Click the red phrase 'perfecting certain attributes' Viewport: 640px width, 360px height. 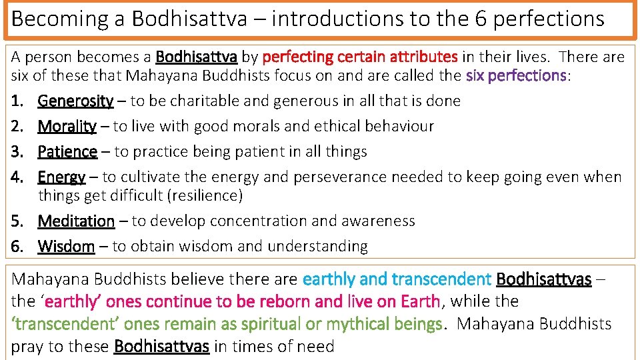pyautogui.click(x=360, y=57)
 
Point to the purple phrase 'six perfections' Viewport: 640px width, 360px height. pyautogui.click(x=516, y=75)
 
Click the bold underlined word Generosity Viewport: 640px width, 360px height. pyautogui.click(x=75, y=101)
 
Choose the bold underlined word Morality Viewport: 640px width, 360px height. pyautogui.click(x=67, y=127)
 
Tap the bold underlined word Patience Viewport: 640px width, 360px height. pyautogui.click(x=67, y=152)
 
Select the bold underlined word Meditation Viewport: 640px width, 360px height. pyautogui.click(x=76, y=221)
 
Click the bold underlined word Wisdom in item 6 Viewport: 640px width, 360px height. pyautogui.click(x=66, y=247)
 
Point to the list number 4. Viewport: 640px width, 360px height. pyautogui.click(x=17, y=177)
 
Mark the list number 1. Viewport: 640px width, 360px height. pyautogui.click(x=17, y=101)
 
